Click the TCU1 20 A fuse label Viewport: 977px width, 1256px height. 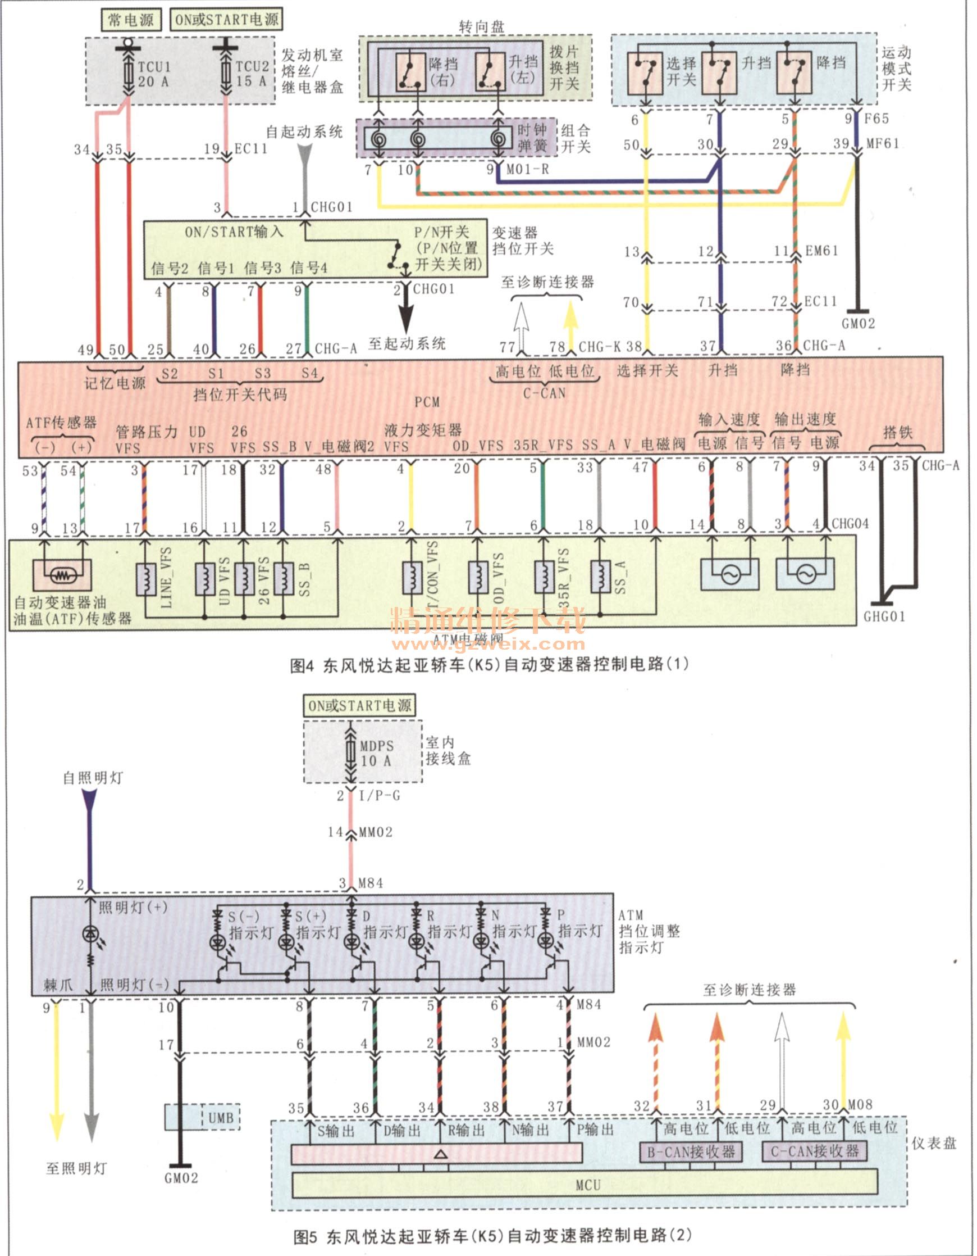click(x=153, y=74)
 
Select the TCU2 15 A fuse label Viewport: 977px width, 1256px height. click(x=252, y=74)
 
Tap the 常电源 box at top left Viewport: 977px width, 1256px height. click(x=131, y=20)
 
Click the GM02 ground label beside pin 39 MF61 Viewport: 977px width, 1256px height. click(x=858, y=324)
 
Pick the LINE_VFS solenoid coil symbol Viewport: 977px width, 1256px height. click(x=146, y=579)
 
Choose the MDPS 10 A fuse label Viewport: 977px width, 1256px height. click(x=376, y=754)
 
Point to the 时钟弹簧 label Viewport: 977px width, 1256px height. click(x=532, y=138)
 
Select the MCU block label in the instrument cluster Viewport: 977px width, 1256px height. click(x=587, y=1185)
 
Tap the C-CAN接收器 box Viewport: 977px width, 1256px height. click(x=814, y=1151)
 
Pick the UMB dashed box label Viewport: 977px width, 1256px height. click(x=221, y=1117)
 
